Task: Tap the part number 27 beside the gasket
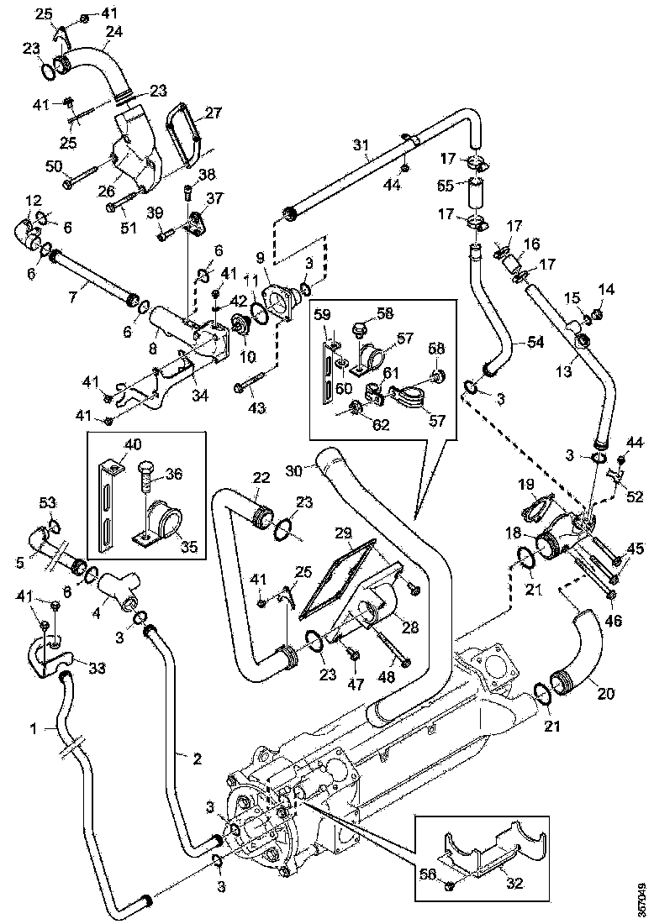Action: (x=212, y=111)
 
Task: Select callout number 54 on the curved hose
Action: (x=536, y=342)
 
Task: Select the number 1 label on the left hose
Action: (x=34, y=729)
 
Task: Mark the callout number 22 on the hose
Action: (x=261, y=476)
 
